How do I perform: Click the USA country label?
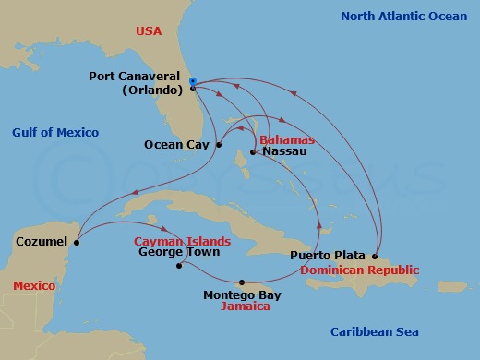149,30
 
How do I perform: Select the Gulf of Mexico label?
55,133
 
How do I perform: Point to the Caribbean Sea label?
375,332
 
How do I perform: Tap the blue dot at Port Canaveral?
192,81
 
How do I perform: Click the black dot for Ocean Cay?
219,144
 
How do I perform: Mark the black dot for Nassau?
253,151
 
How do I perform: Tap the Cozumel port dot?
77,243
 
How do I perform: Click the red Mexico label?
34,286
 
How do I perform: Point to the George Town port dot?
180,266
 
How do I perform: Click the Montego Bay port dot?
242,282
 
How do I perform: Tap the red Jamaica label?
246,306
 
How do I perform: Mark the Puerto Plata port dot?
376,256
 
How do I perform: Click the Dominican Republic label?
359,270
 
